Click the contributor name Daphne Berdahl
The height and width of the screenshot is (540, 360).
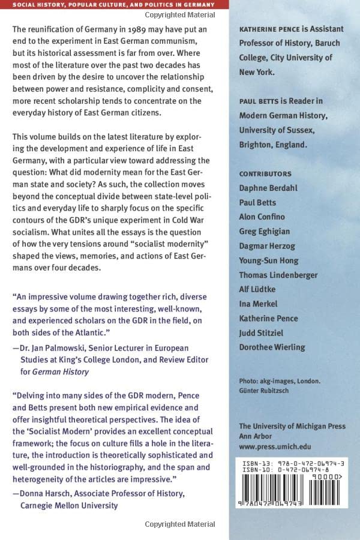click(x=268, y=188)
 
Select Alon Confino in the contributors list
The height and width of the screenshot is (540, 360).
click(x=262, y=217)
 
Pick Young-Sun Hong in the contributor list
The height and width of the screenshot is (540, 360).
click(x=268, y=260)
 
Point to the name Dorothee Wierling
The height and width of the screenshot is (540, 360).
click(x=272, y=347)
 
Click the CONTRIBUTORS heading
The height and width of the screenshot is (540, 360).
click(x=265, y=173)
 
